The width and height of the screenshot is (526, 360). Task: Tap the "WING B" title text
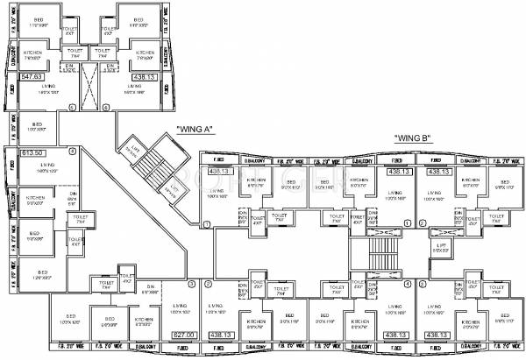411,138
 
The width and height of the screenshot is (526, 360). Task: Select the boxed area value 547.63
32,77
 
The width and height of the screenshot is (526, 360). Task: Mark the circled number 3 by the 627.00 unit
189,284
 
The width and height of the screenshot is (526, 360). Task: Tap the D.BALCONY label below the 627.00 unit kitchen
143,348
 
